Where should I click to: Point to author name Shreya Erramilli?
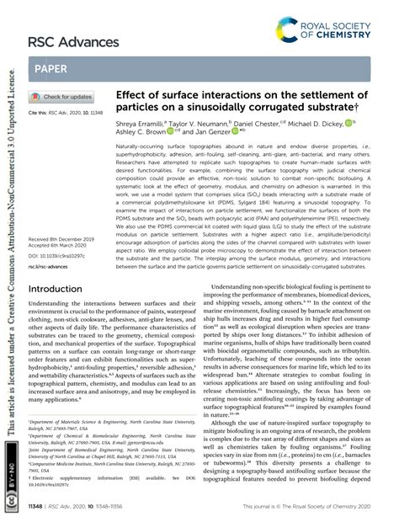point(152,123)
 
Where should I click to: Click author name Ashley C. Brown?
point(141,132)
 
